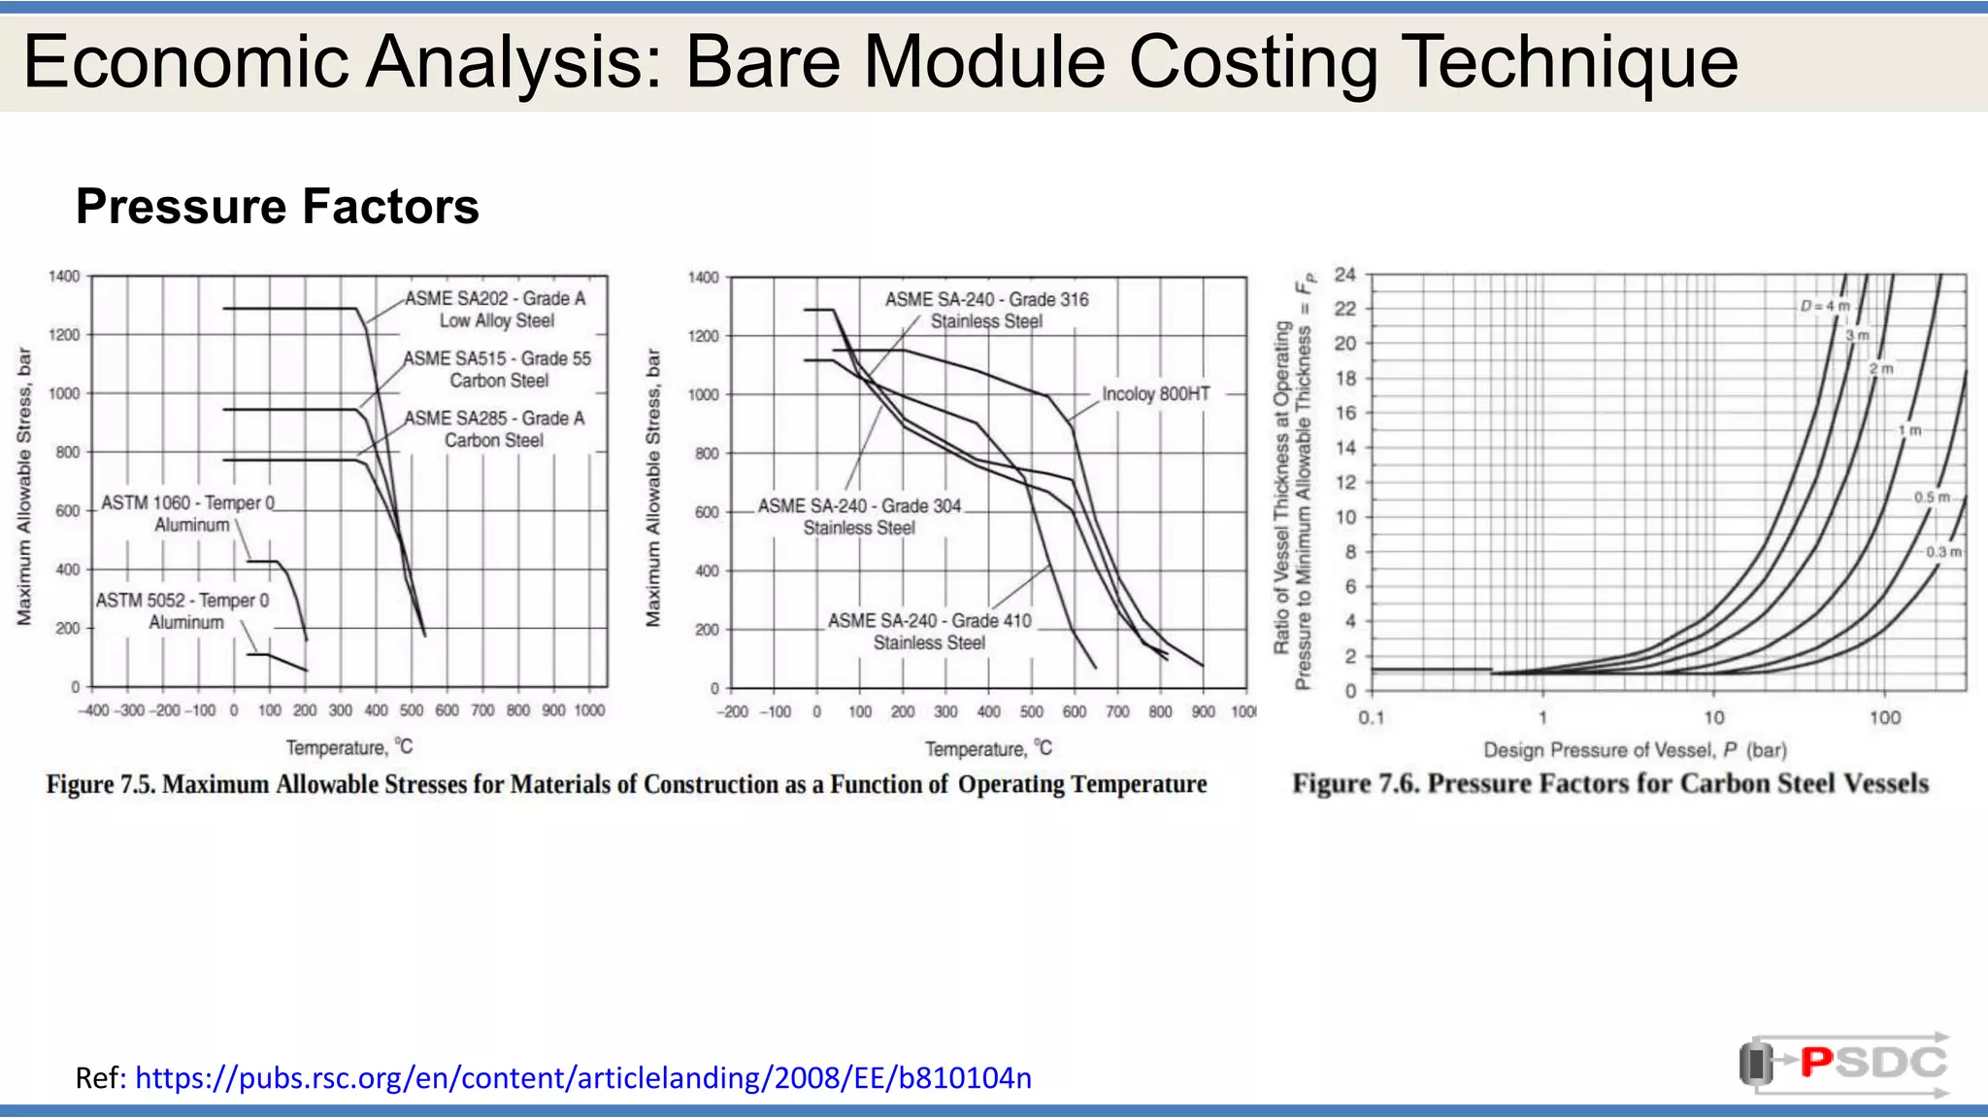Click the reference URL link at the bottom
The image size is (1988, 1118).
pos(582,1078)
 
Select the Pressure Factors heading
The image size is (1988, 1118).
pos(278,207)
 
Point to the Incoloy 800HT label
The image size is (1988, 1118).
pos(1155,394)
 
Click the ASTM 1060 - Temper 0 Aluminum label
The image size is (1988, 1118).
pos(188,513)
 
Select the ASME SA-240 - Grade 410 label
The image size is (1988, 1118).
pos(929,631)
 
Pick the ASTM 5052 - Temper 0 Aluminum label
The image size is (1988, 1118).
pos(182,611)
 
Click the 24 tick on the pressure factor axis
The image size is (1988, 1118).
pos(1344,275)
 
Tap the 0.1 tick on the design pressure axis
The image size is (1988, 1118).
pos(1371,718)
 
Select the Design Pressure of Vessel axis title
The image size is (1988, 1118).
pos(1635,750)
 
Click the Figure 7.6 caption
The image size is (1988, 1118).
pos(1609,784)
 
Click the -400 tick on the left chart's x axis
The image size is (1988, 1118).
pos(93,711)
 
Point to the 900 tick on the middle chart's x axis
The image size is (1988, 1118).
pos(1203,712)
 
